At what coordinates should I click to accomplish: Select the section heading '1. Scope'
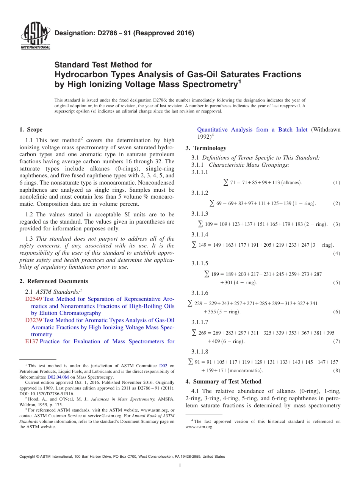[x=31, y=130]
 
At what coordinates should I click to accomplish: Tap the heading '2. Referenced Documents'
[x=54, y=281]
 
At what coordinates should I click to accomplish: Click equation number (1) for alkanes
[x=337, y=183]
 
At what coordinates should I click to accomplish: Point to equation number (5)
[x=337, y=283]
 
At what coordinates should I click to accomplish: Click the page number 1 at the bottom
[x=180, y=466]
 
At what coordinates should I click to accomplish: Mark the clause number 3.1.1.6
[x=200, y=293]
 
